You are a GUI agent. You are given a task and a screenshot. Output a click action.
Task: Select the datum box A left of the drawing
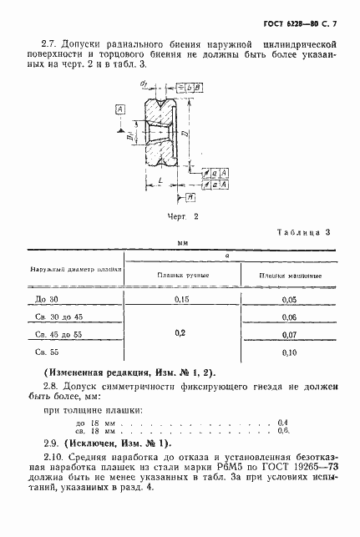click(x=122, y=109)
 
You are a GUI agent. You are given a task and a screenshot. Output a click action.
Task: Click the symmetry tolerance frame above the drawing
click(x=189, y=86)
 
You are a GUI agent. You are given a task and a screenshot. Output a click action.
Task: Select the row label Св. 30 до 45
click(x=63, y=317)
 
